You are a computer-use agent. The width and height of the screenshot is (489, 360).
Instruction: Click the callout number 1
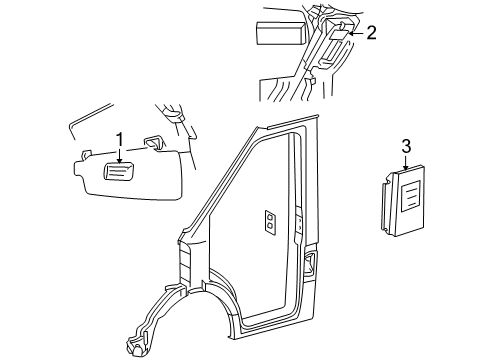tap(119, 139)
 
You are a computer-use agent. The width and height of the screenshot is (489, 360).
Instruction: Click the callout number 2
tap(371, 33)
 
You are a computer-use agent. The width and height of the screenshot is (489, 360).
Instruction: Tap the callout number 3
tap(406, 147)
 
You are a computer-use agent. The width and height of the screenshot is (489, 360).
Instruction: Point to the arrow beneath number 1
tap(119, 154)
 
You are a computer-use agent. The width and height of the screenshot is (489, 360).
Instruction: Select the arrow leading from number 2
tap(352, 34)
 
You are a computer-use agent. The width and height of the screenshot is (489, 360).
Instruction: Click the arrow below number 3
tap(406, 163)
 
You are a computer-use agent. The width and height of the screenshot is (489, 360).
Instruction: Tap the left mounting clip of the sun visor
tap(87, 152)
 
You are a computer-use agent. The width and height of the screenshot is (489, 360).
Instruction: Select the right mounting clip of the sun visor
tap(156, 142)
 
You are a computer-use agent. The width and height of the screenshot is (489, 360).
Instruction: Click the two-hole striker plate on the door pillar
tap(271, 224)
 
